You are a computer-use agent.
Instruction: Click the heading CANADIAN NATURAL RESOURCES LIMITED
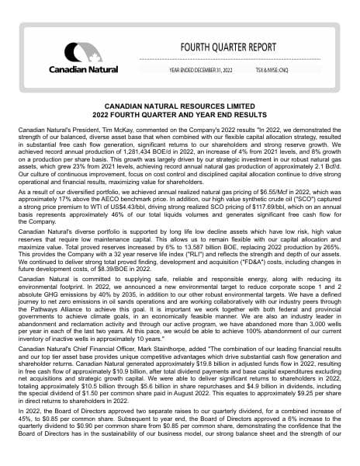pyautogui.click(x=180, y=103)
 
